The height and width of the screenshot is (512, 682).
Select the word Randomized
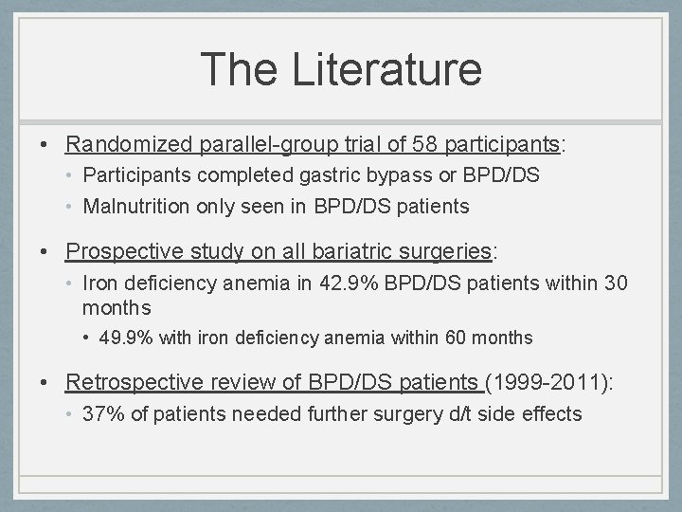click(130, 144)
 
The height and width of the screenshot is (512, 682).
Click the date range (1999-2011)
click(548, 382)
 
